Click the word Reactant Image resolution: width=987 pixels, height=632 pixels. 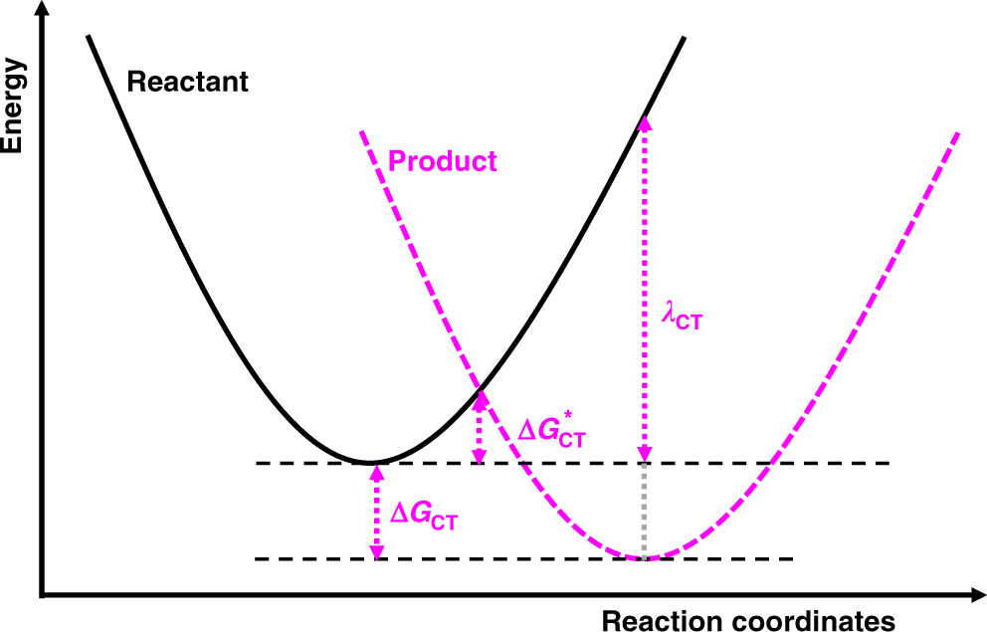tap(187, 82)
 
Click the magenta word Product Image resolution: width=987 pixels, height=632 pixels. tap(442, 160)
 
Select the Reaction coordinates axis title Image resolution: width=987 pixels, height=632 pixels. tap(747, 620)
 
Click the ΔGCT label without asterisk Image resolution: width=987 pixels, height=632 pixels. tap(423, 516)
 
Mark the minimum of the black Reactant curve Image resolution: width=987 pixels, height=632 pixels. tap(370, 462)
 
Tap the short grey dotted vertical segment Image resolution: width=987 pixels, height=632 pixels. tap(645, 510)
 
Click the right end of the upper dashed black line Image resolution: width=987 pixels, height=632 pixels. tap(886, 463)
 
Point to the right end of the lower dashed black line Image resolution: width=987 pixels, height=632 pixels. tap(792, 558)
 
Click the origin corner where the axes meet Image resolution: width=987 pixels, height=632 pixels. tap(41, 596)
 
